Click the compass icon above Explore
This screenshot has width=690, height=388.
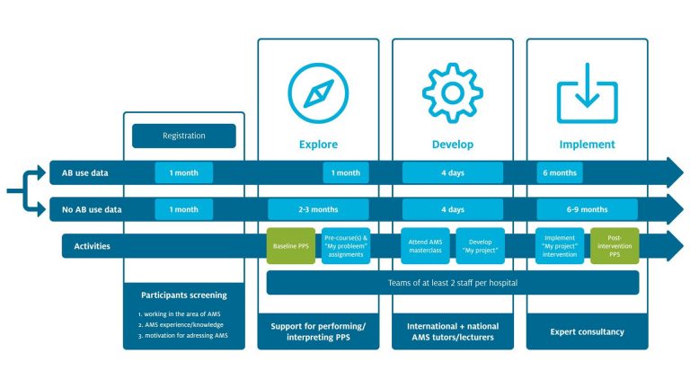(x=317, y=91)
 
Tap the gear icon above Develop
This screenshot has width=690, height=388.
(x=452, y=91)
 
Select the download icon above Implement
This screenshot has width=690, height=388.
(x=587, y=91)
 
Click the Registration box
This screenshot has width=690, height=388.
(x=184, y=136)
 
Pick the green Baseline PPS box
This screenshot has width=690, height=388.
(x=291, y=247)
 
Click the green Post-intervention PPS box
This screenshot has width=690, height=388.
(x=615, y=247)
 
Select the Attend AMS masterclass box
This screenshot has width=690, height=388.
(x=426, y=247)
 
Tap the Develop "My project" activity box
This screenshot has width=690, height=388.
(x=480, y=247)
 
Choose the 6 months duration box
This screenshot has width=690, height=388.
(x=560, y=172)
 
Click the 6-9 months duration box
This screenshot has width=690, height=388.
(x=587, y=209)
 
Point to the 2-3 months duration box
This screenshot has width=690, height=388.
(x=317, y=209)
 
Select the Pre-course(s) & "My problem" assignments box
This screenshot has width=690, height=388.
(x=346, y=247)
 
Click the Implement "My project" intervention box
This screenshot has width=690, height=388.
(x=561, y=247)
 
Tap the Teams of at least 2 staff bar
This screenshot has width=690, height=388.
(x=452, y=283)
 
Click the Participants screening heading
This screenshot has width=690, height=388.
(x=184, y=295)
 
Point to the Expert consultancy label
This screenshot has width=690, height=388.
(x=587, y=331)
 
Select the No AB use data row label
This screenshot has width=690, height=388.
(x=93, y=209)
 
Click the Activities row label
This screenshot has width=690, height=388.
(x=86, y=246)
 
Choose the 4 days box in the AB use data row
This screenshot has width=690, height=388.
(x=452, y=172)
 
